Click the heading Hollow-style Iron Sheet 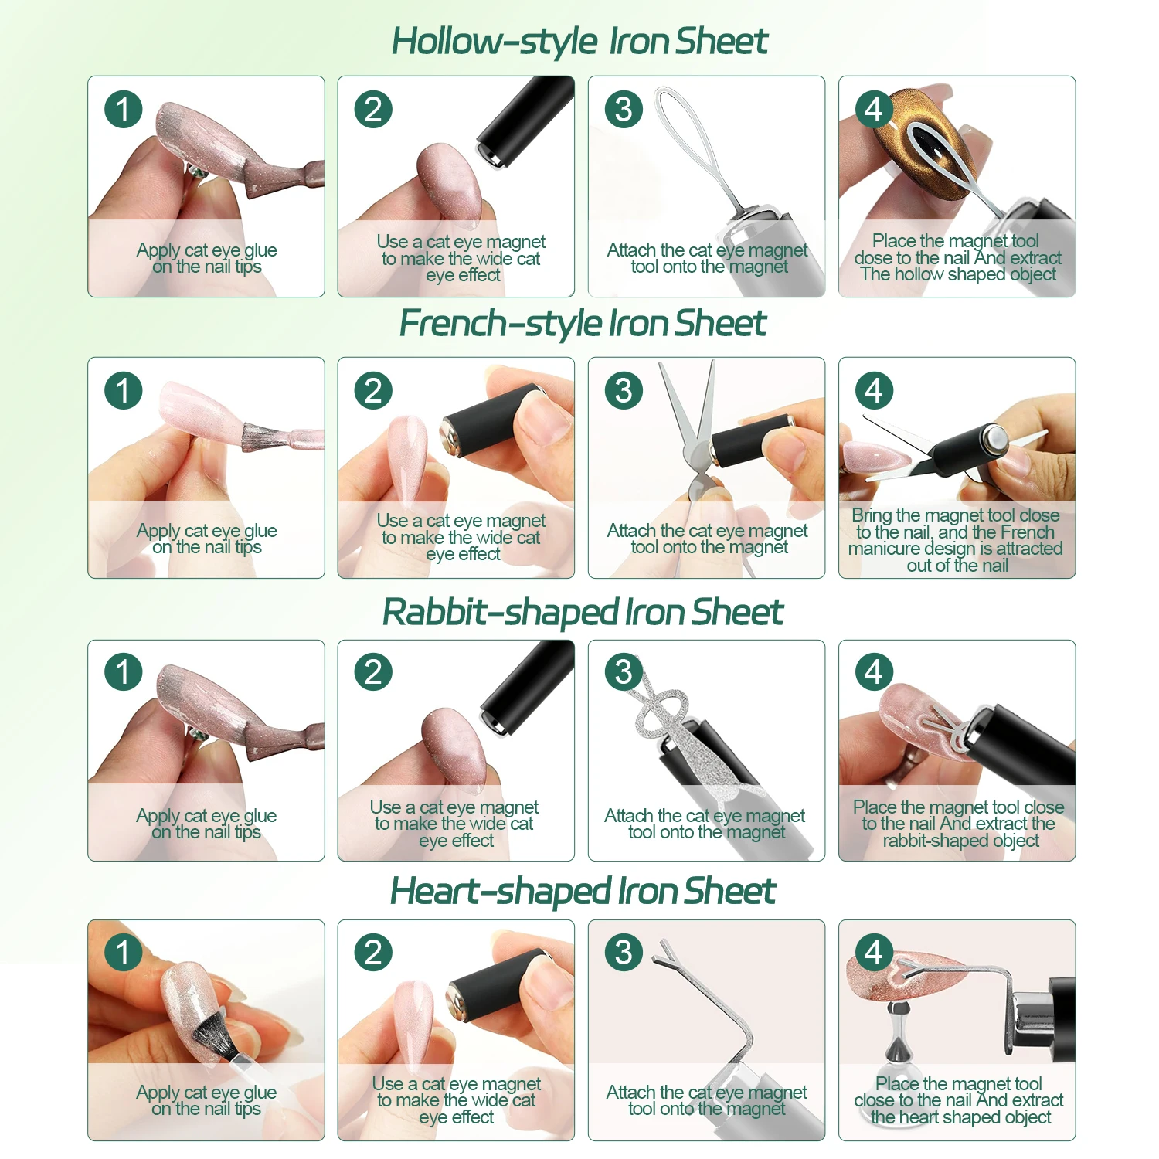(x=579, y=42)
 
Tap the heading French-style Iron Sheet (x=583, y=324)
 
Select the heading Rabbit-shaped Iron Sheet (x=583, y=613)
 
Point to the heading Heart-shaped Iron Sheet (x=583, y=892)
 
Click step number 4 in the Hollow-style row (x=874, y=110)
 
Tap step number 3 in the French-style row (x=624, y=391)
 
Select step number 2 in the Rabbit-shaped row (x=373, y=672)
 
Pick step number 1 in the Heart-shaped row (x=124, y=952)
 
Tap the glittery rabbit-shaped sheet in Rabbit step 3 (x=680, y=734)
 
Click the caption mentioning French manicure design (x=957, y=540)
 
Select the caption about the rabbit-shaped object (x=958, y=824)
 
